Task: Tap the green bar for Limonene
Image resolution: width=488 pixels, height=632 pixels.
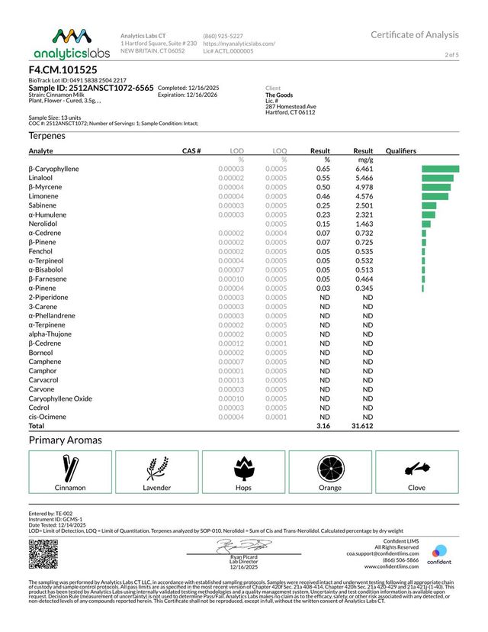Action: tap(435, 196)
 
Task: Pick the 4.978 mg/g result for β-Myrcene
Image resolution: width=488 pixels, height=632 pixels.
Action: tap(363, 187)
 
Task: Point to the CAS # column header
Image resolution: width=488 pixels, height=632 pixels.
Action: tap(191, 151)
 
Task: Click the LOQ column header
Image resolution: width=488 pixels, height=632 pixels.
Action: tap(280, 151)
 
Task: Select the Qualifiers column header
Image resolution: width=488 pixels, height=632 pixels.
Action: tap(401, 151)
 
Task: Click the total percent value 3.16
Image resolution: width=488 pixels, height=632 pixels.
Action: tap(322, 426)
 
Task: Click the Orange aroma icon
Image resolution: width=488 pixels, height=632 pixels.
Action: tap(330, 466)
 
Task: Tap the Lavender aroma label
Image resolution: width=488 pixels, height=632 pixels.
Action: tap(157, 487)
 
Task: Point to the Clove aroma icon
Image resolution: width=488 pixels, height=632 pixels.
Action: tap(416, 466)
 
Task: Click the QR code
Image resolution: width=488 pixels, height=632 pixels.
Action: tap(43, 553)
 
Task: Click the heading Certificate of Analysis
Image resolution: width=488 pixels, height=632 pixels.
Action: tap(415, 34)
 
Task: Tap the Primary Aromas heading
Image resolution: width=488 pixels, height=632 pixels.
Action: tap(66, 440)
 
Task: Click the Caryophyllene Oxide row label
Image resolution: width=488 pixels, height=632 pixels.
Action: tap(60, 398)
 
